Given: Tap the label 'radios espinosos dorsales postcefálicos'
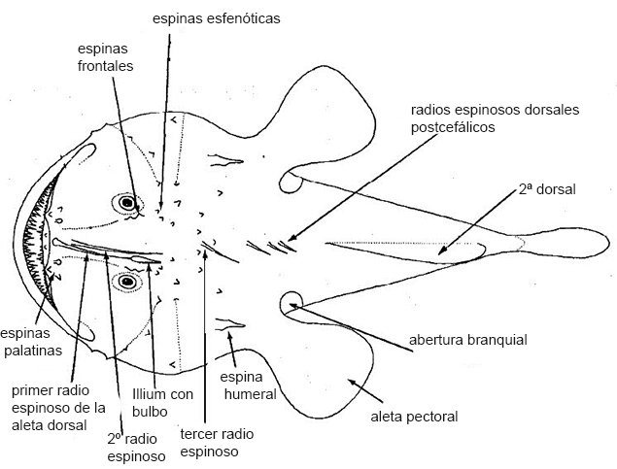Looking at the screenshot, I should tap(495, 118).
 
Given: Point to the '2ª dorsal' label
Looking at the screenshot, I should tap(547, 190).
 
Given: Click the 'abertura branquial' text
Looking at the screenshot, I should tap(467, 340).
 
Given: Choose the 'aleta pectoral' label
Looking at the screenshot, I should tap(414, 417).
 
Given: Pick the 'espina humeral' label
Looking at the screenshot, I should tap(248, 385).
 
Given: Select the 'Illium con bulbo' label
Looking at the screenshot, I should tap(162, 403).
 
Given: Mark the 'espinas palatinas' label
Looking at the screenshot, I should tap(32, 341).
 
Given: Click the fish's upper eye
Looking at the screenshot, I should tap(125, 203).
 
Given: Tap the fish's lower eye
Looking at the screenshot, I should tap(125, 282).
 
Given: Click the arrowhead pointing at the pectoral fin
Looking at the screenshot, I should tap(350, 382).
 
